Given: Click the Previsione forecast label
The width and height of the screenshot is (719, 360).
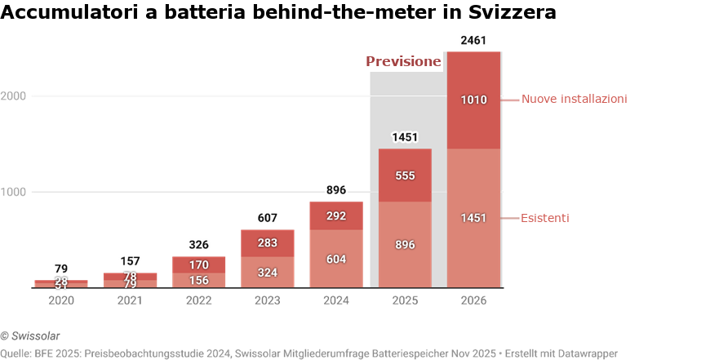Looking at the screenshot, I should [403, 61].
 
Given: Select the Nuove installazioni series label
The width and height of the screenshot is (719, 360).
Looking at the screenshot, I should [574, 99].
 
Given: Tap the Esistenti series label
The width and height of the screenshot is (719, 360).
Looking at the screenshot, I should [545, 218].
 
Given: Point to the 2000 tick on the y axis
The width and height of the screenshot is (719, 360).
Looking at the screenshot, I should [15, 96].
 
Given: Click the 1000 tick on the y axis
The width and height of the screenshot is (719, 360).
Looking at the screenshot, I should [15, 193].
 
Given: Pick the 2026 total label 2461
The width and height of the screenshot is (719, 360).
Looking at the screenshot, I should [473, 40].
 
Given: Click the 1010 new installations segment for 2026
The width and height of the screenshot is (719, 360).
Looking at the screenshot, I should [473, 100].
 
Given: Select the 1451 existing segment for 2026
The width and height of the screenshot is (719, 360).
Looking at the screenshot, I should [473, 218].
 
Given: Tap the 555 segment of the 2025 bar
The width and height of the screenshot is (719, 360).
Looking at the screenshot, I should [405, 176].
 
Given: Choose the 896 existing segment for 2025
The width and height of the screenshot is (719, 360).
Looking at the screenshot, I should [405, 244].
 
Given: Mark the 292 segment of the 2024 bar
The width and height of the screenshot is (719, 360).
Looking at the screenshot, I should [336, 216].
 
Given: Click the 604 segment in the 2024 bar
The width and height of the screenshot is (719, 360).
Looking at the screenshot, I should [336, 259].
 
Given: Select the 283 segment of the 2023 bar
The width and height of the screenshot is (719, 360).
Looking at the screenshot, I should [268, 242].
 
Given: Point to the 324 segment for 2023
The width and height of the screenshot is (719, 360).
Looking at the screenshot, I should [268, 272].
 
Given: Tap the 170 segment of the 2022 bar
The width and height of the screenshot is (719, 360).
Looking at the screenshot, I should [199, 264].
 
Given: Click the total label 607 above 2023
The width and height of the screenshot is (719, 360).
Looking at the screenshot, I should [268, 218].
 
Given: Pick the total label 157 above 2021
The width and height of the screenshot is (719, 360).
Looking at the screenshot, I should [131, 261].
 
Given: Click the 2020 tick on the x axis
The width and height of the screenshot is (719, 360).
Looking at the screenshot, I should [61, 300].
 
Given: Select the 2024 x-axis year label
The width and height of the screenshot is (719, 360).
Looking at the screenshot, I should [336, 300].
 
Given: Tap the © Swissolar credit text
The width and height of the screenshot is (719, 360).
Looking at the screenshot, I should [30, 336].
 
